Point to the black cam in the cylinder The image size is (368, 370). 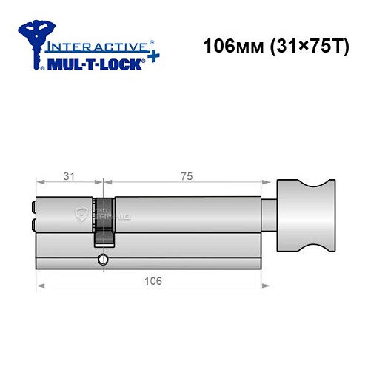pyautogui.click(x=104, y=219)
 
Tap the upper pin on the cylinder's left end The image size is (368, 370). pyautogui.click(x=33, y=207)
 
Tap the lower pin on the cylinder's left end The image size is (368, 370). pyautogui.click(x=33, y=223)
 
